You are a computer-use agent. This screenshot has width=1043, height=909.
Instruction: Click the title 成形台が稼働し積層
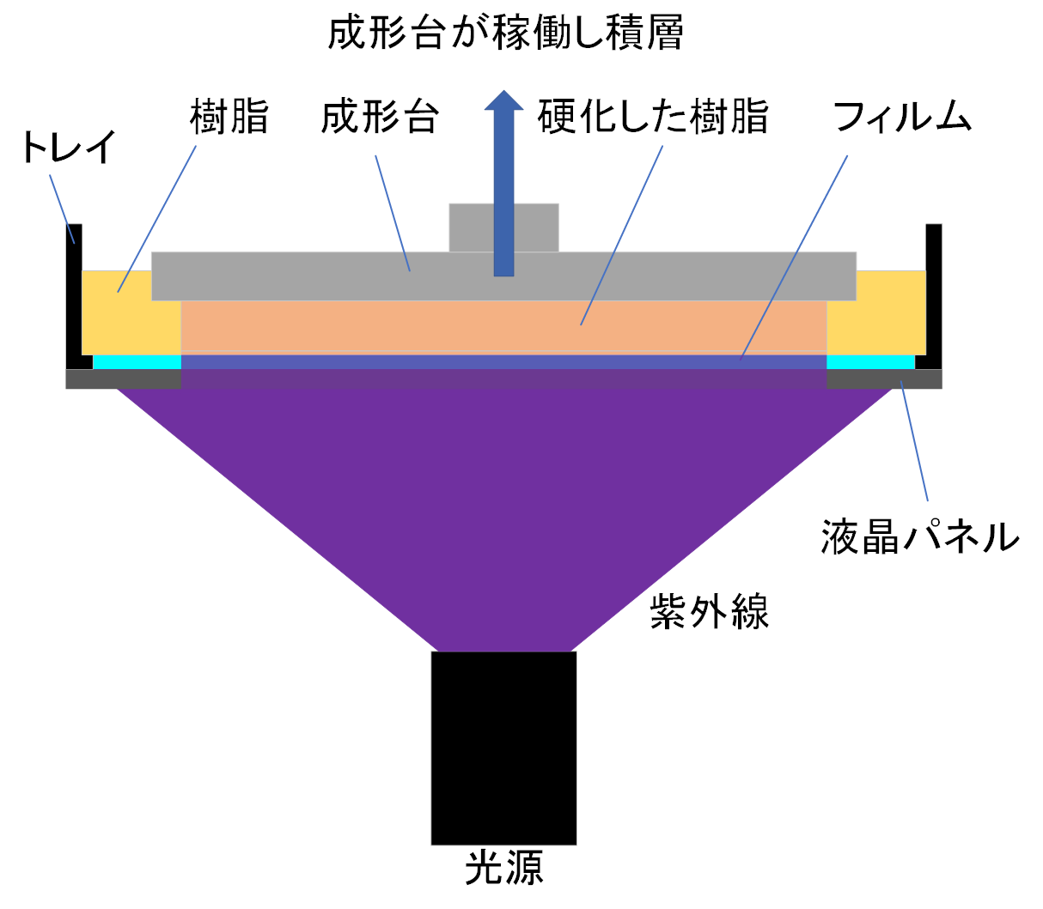[505, 34]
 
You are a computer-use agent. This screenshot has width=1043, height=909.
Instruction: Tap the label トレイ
[68, 148]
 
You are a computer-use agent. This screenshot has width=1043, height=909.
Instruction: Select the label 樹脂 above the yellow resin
[229, 117]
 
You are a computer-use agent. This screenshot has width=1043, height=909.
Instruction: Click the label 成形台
[380, 117]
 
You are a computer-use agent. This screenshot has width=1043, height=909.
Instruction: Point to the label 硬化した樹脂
[653, 117]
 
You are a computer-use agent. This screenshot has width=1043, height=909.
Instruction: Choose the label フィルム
[902, 117]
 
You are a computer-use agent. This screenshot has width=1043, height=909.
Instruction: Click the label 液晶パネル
[919, 536]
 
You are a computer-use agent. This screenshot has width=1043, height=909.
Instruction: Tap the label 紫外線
[709, 612]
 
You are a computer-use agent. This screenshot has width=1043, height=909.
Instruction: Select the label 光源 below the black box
[503, 869]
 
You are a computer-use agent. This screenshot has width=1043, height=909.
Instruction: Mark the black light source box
[503, 748]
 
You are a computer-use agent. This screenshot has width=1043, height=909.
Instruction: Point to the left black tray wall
[75, 292]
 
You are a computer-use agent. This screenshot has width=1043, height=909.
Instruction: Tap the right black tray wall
[934, 292]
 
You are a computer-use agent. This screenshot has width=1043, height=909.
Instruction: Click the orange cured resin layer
[503, 326]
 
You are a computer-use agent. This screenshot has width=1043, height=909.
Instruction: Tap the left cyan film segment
[137, 362]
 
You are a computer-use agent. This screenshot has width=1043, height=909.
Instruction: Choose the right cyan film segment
[870, 362]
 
